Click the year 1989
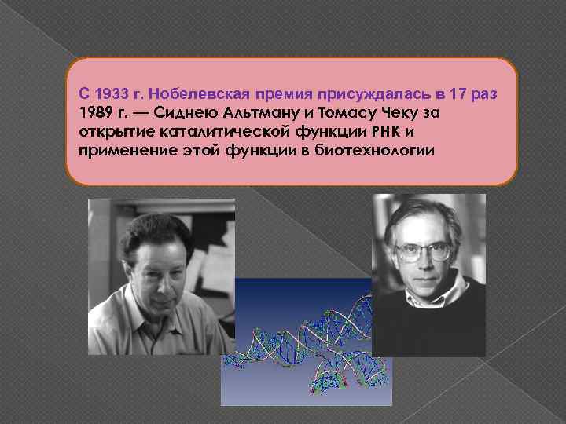(95, 113)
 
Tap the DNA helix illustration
(307, 345)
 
